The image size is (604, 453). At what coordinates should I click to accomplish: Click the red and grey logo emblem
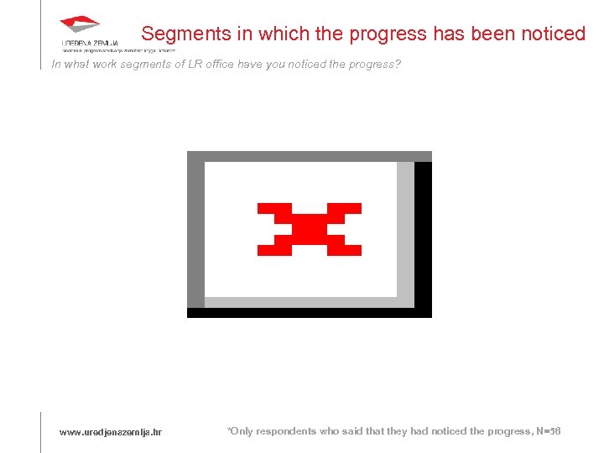point(80,24)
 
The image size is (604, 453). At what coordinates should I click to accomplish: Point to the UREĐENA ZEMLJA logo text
point(90,42)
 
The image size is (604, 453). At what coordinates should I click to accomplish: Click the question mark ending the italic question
point(398,64)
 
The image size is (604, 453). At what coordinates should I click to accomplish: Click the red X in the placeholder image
point(309,229)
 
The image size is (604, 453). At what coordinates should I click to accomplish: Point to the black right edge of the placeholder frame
point(423,235)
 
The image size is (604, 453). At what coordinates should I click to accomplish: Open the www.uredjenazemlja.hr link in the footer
point(110,432)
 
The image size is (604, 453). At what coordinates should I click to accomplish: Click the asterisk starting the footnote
point(229,430)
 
